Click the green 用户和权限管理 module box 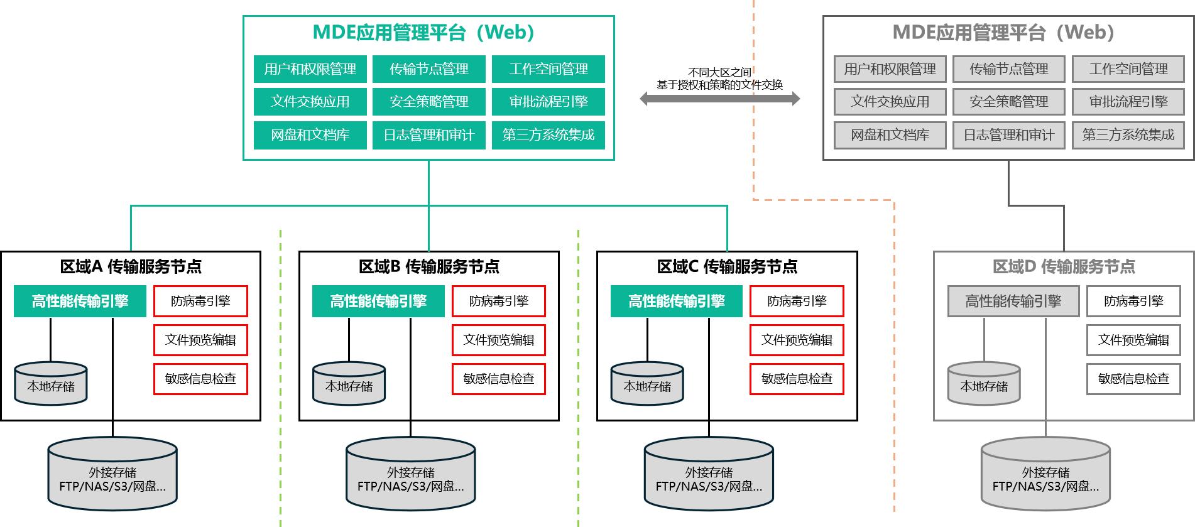pyautogui.click(x=310, y=69)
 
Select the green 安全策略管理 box pyautogui.click(x=428, y=102)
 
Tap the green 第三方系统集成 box pyautogui.click(x=548, y=135)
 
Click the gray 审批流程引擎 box pyautogui.click(x=1128, y=102)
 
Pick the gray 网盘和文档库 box pyautogui.click(x=890, y=135)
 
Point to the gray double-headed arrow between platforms pyautogui.click(x=719, y=99)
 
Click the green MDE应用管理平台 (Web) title pyautogui.click(x=423, y=33)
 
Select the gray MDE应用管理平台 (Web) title pyautogui.click(x=1003, y=33)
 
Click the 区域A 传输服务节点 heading pyautogui.click(x=131, y=267)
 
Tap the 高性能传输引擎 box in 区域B pyautogui.click(x=378, y=302)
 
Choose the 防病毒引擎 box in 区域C pyautogui.click(x=797, y=302)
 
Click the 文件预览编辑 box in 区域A pyautogui.click(x=200, y=340)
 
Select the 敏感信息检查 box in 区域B pyautogui.click(x=498, y=379)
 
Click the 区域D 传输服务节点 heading pyautogui.click(x=1064, y=267)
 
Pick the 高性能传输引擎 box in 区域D pyautogui.click(x=1013, y=302)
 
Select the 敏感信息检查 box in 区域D pyautogui.click(x=1133, y=379)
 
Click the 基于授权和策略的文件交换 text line pyautogui.click(x=719, y=85)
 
